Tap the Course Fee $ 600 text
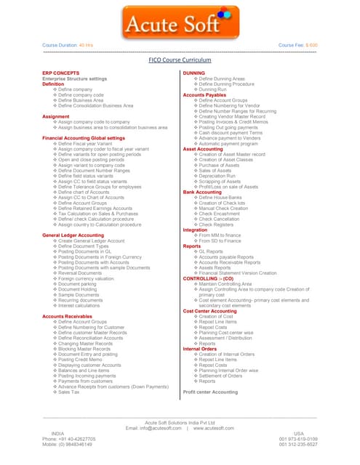298,45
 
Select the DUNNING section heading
193,73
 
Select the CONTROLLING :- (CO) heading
210,278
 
